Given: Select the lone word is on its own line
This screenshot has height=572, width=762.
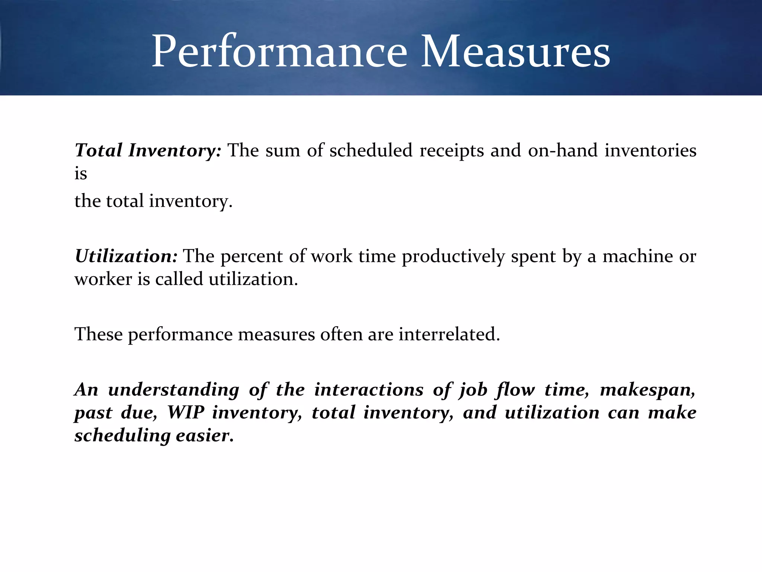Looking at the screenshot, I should (x=81, y=174).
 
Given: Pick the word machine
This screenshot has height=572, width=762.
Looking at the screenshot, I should (x=637, y=256).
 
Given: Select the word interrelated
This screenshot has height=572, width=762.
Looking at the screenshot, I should (x=449, y=334).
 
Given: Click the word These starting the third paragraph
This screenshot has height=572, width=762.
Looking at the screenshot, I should (x=99, y=334).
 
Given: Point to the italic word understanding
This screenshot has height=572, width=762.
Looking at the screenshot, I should (x=174, y=390).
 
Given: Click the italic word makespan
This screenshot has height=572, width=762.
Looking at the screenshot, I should (x=647, y=390).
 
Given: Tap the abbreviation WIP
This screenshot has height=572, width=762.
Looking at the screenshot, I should (x=186, y=413).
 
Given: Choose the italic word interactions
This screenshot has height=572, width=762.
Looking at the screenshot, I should (x=369, y=390).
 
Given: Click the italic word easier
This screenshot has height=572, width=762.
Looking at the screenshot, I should (x=205, y=435).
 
